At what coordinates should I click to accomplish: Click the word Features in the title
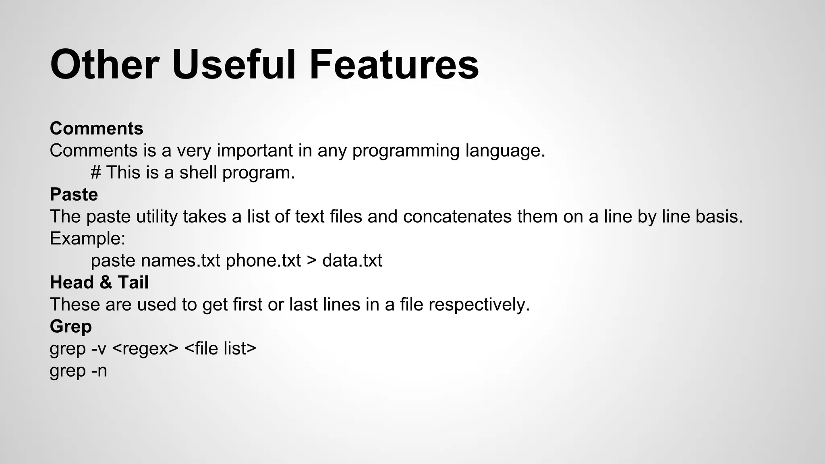(x=394, y=64)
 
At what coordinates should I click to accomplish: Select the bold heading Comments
(x=96, y=128)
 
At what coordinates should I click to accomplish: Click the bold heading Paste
(x=74, y=195)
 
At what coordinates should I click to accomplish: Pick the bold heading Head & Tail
(x=99, y=282)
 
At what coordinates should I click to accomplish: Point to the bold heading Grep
(x=70, y=326)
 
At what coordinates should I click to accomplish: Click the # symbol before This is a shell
(x=95, y=173)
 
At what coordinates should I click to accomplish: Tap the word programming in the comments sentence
(x=406, y=151)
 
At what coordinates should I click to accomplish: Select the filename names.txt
(x=180, y=261)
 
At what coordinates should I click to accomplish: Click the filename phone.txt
(x=263, y=261)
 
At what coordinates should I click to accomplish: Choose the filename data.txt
(x=352, y=261)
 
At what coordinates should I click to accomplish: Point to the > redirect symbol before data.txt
(x=311, y=261)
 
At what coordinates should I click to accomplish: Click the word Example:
(x=87, y=238)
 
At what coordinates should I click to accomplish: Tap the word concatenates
(x=457, y=217)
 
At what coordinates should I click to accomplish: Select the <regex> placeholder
(x=145, y=348)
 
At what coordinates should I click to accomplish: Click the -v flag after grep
(x=99, y=348)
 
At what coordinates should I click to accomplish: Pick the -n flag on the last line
(x=99, y=371)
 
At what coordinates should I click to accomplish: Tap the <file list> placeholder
(x=220, y=348)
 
